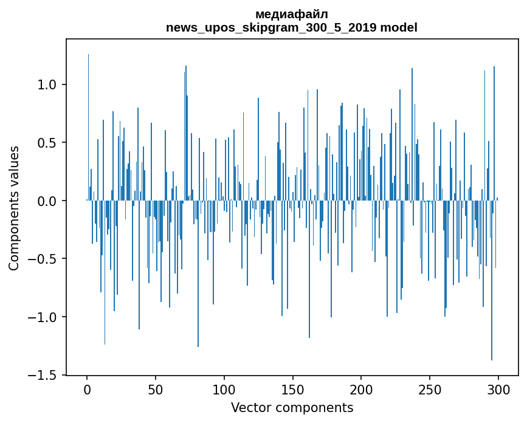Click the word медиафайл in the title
click(292, 14)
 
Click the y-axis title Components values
click(14, 208)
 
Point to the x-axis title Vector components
click(292, 408)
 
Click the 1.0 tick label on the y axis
click(48, 84)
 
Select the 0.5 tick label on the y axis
click(48, 143)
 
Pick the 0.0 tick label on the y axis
click(48, 201)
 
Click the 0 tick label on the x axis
click(87, 389)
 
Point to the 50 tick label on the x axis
click(156, 389)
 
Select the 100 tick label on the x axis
click(224, 389)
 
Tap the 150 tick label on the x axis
click(293, 389)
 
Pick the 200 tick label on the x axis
click(362, 389)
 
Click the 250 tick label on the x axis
click(430, 389)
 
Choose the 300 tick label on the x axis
click(498, 389)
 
